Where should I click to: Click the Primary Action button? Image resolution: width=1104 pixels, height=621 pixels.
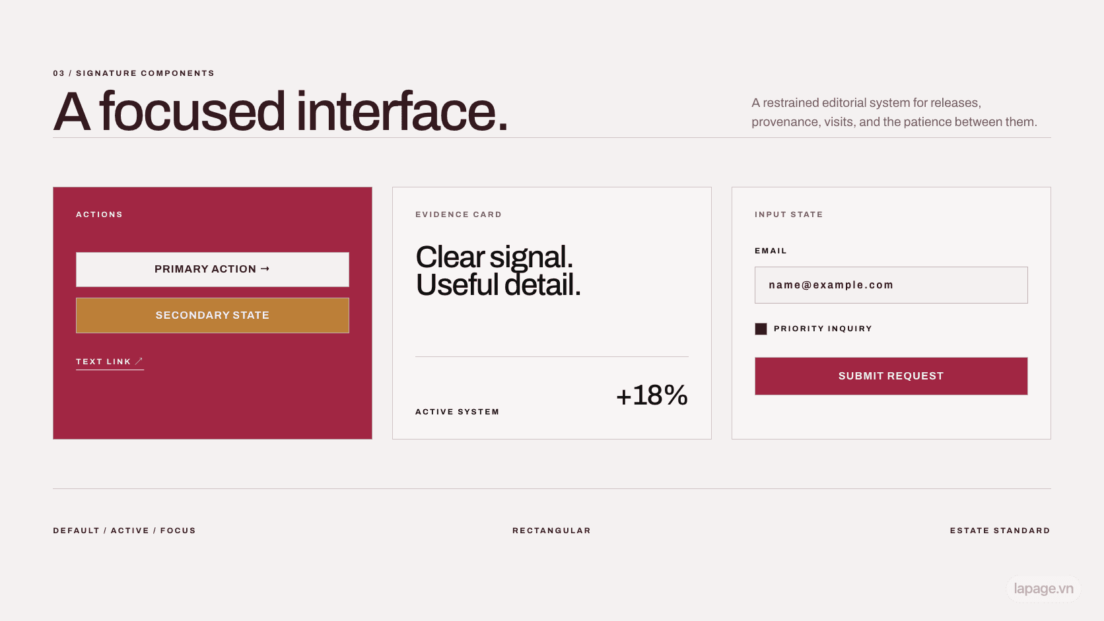pos(213,269)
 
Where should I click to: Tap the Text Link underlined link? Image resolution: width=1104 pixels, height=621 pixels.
pos(110,362)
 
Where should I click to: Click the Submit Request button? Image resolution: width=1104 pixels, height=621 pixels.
pos(891,376)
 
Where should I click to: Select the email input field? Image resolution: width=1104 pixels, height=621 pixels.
pos(891,285)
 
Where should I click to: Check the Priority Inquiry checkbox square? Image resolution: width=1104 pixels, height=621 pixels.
pos(761,329)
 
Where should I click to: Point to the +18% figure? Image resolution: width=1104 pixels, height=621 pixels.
pos(652,395)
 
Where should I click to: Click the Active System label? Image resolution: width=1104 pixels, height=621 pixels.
pos(458,412)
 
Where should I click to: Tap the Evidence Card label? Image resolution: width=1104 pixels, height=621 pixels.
pos(458,214)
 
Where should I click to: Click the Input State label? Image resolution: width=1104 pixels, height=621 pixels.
pos(788,214)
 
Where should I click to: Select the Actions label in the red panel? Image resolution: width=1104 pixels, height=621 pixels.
pos(99,214)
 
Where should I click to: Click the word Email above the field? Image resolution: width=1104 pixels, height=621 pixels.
pos(771,251)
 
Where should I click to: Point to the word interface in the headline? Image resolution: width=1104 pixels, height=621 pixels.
pos(401,112)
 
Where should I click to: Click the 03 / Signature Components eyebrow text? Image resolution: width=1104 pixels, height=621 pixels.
pos(133,73)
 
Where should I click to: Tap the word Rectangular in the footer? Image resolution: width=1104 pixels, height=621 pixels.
pos(551,531)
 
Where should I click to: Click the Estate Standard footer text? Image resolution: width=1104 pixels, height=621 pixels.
pos(1000,531)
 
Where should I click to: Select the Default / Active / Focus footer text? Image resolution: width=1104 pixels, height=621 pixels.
pos(124,531)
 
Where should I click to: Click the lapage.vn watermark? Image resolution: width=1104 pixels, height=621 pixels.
pos(1043,589)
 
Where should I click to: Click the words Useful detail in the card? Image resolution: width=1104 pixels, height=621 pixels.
pos(499,285)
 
